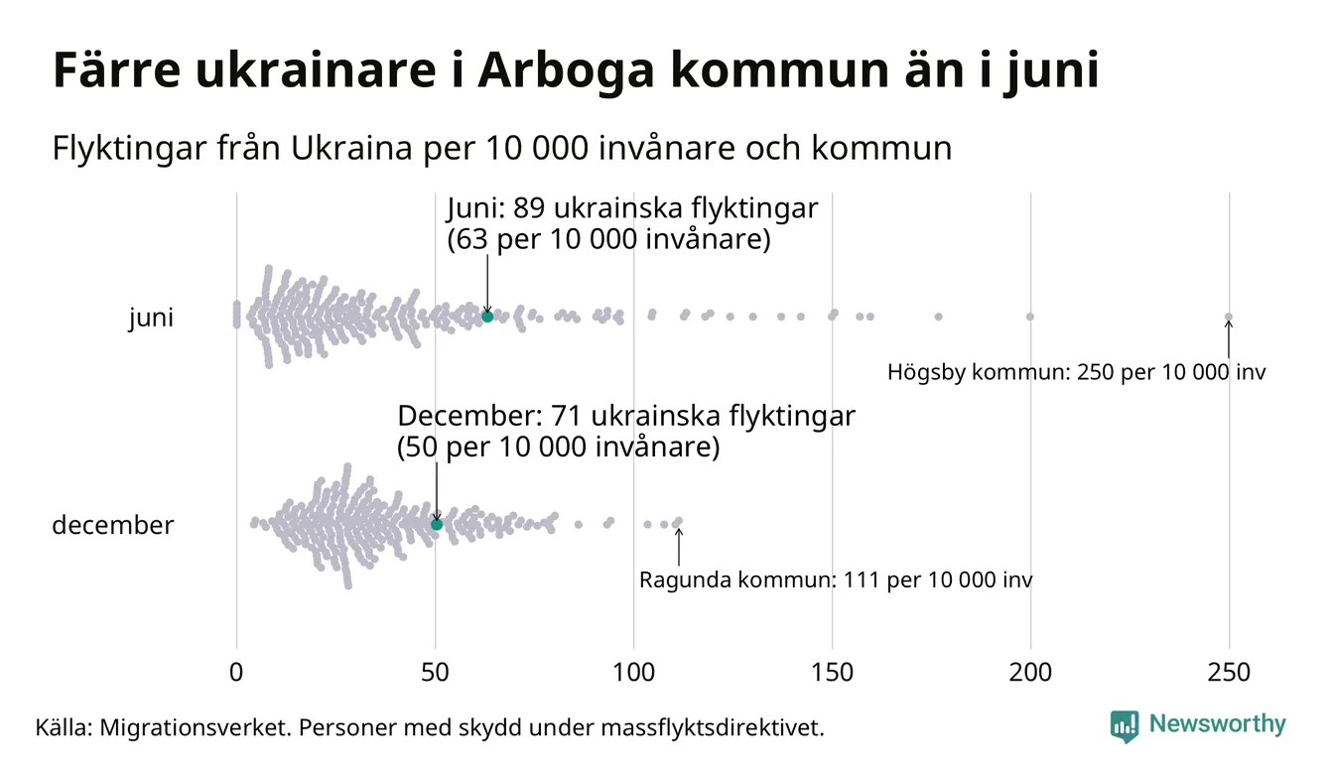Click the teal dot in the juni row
[487, 317]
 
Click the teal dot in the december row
[436, 524]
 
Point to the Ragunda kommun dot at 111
[678, 521]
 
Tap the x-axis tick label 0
[236, 673]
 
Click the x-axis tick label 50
[435, 673]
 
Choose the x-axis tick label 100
[633, 673]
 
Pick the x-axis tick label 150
[832, 673]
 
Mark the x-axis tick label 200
[1030, 673]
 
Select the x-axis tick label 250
[1229, 673]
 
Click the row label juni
[151, 319]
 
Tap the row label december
[112, 525]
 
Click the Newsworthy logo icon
[1125, 725]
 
